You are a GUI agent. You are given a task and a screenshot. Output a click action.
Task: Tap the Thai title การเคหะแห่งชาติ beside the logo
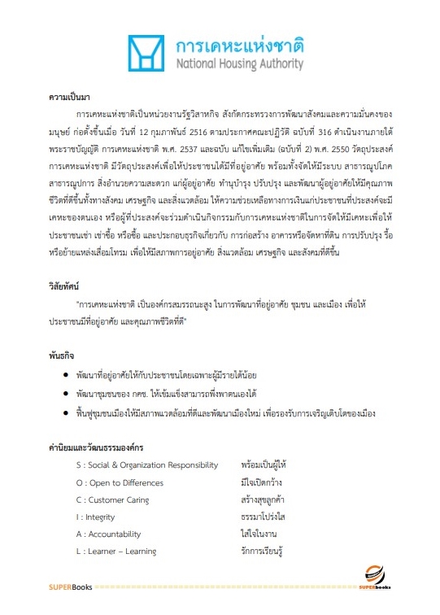pos(239,43)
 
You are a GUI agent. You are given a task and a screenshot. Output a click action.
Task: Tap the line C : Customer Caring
pos(113,499)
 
